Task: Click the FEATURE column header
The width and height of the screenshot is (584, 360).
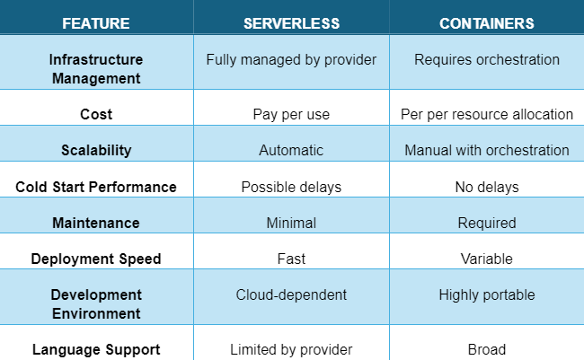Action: tap(96, 23)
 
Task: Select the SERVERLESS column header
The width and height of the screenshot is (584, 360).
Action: tap(292, 23)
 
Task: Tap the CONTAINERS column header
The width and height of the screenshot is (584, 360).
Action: tap(487, 23)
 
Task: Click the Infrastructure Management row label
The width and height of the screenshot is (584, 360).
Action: tap(96, 69)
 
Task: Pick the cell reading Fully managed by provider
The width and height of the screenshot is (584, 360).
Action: tap(291, 60)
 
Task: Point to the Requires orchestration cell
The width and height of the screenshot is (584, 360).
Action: tap(487, 59)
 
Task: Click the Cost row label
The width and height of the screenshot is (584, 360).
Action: tap(96, 114)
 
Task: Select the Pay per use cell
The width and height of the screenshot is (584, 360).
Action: tap(291, 115)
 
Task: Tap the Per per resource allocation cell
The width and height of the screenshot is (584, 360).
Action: tap(487, 115)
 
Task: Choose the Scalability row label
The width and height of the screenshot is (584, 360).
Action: tap(96, 151)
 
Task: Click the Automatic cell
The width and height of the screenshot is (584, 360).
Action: tap(291, 151)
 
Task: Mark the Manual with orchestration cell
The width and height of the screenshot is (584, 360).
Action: tap(487, 151)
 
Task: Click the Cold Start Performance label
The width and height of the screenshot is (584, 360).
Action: tap(96, 187)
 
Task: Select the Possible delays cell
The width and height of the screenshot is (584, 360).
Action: tap(291, 187)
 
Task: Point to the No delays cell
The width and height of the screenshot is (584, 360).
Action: tap(487, 187)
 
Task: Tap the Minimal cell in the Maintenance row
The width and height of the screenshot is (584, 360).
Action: tap(291, 223)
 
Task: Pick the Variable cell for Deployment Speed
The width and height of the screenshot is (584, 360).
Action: tap(487, 259)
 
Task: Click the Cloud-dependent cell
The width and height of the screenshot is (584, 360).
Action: tap(291, 294)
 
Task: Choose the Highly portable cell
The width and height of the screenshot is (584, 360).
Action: tap(487, 295)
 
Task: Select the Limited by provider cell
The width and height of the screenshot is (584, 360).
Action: tap(291, 350)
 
